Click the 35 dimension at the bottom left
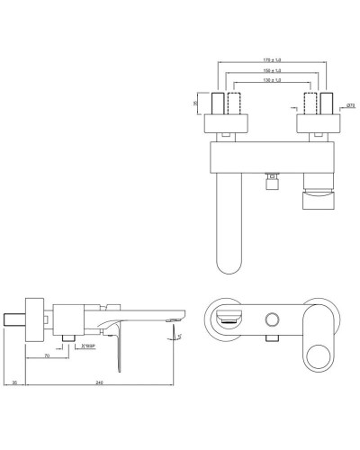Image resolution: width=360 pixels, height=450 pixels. point(15,382)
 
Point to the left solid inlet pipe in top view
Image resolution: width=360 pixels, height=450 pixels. point(219,101)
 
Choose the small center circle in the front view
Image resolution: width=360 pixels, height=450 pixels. point(271,319)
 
